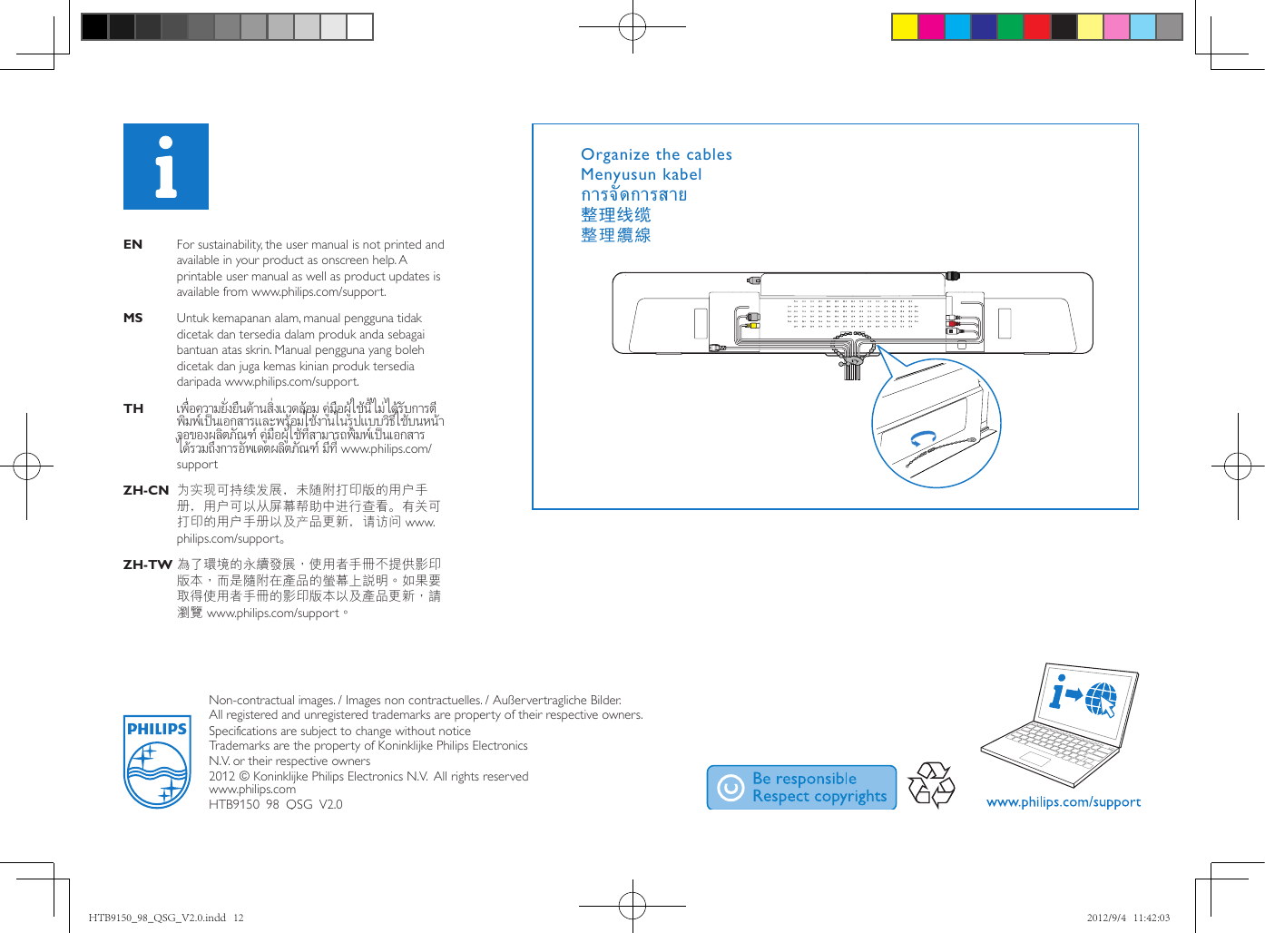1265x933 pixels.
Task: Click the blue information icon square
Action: tap(166, 167)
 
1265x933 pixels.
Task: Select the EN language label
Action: tap(132, 244)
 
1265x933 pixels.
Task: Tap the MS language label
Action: tap(132, 318)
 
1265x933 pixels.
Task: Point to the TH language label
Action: tap(133, 408)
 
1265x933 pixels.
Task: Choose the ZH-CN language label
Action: tap(146, 490)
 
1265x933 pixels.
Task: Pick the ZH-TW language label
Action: tap(147, 565)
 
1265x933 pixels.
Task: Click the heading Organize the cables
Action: tap(656, 154)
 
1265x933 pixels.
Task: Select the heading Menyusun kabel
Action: tap(641, 174)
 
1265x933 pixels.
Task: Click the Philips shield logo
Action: tap(156, 761)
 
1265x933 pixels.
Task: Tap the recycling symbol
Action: tap(932, 785)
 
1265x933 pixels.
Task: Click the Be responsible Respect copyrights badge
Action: tap(801, 787)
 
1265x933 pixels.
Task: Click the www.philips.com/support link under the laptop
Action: tap(1063, 802)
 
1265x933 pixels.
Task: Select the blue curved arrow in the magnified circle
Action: tap(924, 439)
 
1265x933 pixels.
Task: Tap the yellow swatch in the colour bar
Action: tap(905, 27)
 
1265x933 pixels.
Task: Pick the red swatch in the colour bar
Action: tap(1036, 27)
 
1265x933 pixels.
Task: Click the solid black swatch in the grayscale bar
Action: tap(94, 27)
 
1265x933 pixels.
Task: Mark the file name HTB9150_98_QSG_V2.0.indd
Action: tap(157, 918)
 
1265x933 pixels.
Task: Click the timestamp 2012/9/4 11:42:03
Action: tap(1128, 918)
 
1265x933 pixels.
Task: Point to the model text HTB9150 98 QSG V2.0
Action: tap(276, 804)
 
